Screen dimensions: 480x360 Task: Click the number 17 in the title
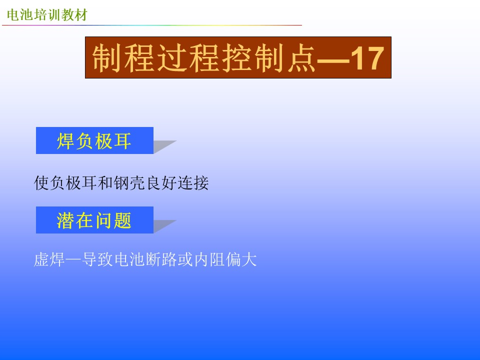(x=366, y=58)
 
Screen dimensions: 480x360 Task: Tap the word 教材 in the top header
(x=74, y=14)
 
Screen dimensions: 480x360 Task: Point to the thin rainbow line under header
(x=152, y=25)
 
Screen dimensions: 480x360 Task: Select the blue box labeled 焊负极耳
(x=94, y=140)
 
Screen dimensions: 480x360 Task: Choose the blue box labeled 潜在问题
(x=94, y=220)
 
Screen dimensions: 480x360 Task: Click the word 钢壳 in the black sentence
(x=129, y=183)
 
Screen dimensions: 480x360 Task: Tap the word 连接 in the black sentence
(x=193, y=183)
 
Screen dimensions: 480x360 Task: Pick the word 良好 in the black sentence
(x=161, y=183)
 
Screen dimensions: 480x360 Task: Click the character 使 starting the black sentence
(x=41, y=183)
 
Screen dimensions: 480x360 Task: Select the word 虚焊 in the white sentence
(x=49, y=259)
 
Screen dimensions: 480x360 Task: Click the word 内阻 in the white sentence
(x=209, y=259)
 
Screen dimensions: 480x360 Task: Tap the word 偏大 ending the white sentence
(x=241, y=259)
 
